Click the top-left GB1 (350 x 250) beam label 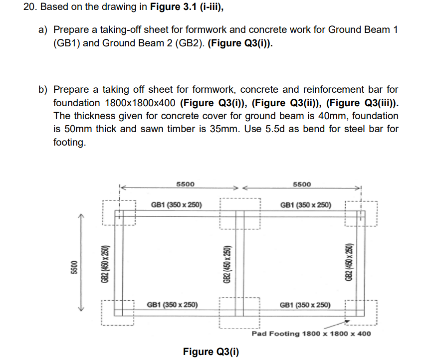pos(176,204)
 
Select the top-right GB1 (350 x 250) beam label pos(305,204)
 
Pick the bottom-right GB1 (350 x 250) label pos(305,305)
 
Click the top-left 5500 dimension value pos(186,184)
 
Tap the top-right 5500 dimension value pos(302,184)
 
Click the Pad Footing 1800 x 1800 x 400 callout pos(311,334)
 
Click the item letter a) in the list pos(43,30)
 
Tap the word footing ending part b pos(69,142)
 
